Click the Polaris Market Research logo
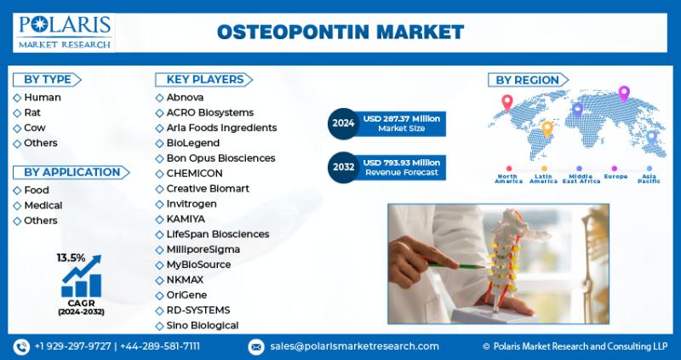[64, 32]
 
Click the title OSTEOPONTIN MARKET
[340, 32]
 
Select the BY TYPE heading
[48, 79]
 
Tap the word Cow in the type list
[34, 128]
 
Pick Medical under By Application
[43, 205]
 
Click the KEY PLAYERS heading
[204, 79]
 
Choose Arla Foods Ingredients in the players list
[221, 128]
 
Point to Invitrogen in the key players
[192, 203]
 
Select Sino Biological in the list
[203, 325]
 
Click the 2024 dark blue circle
[343, 123]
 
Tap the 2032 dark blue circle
[343, 167]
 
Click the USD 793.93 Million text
[402, 163]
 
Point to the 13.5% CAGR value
[71, 258]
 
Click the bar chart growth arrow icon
[81, 277]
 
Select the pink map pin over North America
[506, 102]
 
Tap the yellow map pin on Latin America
[547, 129]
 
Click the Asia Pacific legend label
[649, 179]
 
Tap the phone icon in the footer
[21, 346]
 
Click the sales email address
[354, 346]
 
